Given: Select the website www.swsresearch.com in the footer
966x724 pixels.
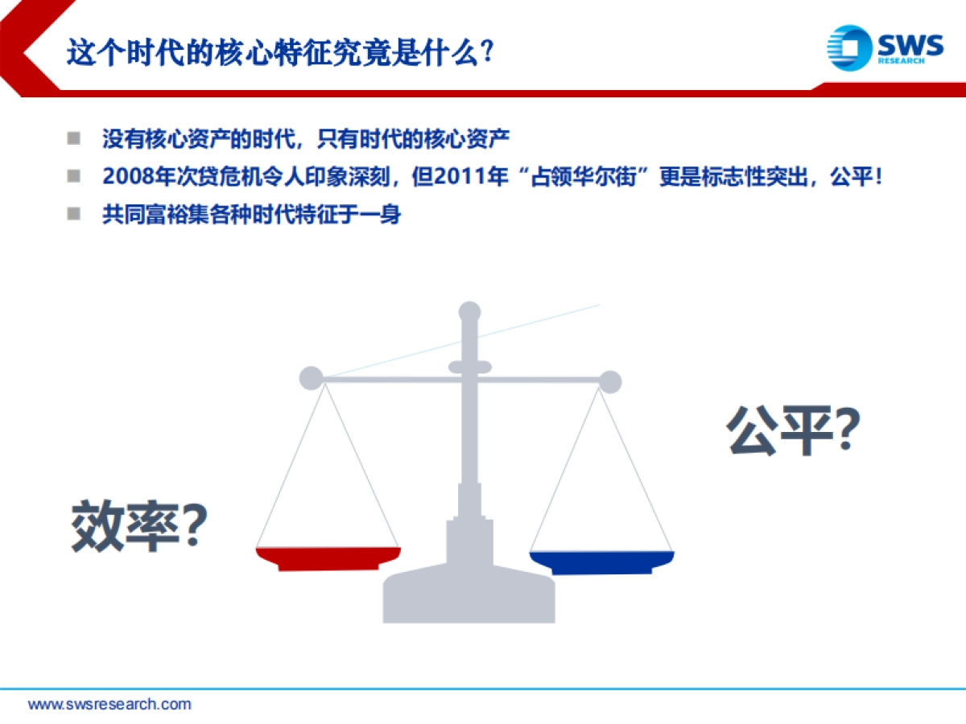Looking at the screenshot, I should (109, 704).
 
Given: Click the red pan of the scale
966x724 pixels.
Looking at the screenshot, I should (328, 557).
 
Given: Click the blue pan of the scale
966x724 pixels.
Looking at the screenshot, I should (601, 562).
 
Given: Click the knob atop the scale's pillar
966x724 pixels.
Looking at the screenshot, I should (469, 312).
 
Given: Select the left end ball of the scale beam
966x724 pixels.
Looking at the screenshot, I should (311, 378).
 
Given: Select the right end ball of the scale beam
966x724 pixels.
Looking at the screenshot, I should (610, 381).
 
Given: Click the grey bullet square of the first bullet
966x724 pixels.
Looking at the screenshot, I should (74, 138).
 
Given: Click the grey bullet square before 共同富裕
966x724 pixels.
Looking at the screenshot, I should (74, 214).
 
